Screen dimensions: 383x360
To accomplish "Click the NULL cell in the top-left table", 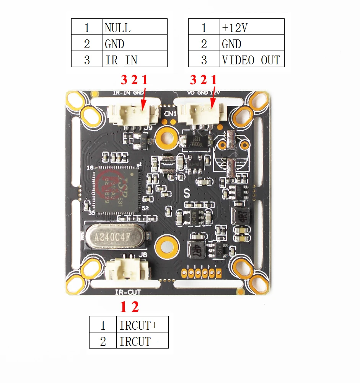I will tap(135, 28).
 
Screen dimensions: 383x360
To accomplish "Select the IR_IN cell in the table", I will tap(135, 59).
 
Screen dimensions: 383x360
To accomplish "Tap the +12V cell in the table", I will tap(252, 28).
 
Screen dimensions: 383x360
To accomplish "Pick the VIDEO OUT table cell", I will tap(252, 60).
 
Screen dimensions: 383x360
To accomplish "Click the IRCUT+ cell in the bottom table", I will tap(142, 326).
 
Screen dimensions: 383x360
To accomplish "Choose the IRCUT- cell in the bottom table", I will tap(142, 341).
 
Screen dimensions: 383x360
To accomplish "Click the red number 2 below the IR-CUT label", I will tap(134, 307).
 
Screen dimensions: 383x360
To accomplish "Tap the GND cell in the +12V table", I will tap(252, 44).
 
